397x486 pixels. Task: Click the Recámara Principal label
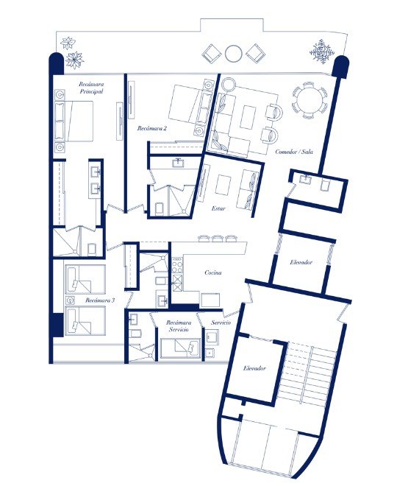[91, 88]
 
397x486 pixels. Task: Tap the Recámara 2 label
[152, 128]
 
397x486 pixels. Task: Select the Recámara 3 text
[100, 300]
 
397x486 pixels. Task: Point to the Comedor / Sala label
[294, 152]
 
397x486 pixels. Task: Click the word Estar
[218, 208]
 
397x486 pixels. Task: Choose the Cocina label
[213, 272]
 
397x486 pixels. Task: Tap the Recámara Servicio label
[179, 325]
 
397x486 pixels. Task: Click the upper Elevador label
[301, 262]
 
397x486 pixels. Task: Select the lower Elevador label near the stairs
[254, 368]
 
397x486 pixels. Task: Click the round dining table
[309, 100]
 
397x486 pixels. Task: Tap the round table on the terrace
[233, 54]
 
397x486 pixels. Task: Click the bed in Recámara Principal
[74, 121]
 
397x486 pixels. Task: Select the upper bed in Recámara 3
[85, 279]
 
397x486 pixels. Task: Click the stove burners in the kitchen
[177, 266]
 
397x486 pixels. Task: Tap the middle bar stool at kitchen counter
[217, 238]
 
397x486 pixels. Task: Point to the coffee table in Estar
[223, 185]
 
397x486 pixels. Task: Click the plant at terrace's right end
[322, 51]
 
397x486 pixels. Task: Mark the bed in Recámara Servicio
[180, 349]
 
